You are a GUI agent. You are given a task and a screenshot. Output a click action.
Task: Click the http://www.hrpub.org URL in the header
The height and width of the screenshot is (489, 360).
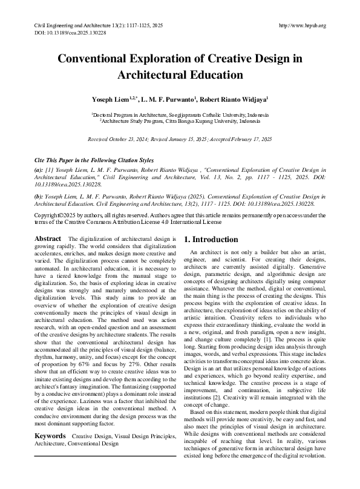point(302,25)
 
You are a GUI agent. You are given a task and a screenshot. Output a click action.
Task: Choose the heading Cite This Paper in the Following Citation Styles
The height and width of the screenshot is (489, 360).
point(87,160)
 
